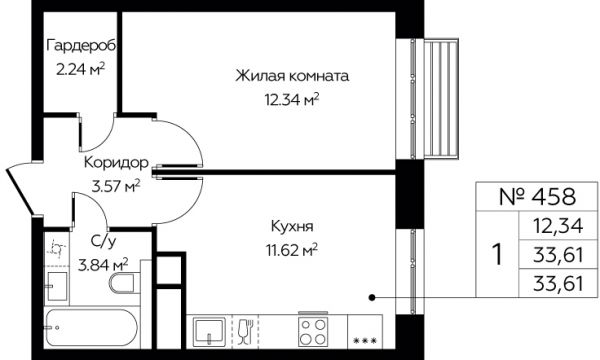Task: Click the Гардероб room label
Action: (x=81, y=46)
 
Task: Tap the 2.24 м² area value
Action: (x=80, y=70)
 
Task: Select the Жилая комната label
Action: (x=292, y=76)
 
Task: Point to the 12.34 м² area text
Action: (x=292, y=100)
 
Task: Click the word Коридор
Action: (x=116, y=163)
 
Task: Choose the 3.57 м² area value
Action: (x=116, y=187)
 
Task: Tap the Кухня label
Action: (x=292, y=226)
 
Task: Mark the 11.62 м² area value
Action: (x=292, y=251)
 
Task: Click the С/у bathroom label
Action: (x=103, y=242)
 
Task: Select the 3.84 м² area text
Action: (x=103, y=265)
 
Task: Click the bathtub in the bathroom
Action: (x=91, y=327)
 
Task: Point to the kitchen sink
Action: (x=209, y=332)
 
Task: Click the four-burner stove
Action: (x=313, y=332)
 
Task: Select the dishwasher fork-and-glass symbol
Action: (x=245, y=331)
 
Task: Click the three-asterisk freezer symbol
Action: (x=365, y=340)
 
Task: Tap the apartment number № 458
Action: (x=537, y=197)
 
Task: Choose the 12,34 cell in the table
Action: (x=558, y=225)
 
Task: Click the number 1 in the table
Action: (x=497, y=254)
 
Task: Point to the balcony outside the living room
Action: (x=441, y=98)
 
